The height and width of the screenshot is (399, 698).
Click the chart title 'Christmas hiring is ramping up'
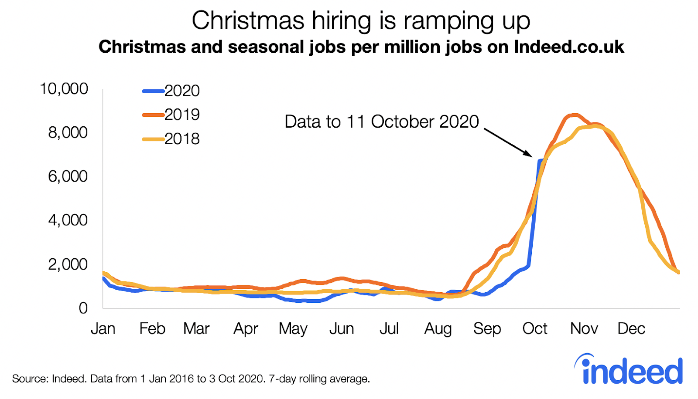[361, 20]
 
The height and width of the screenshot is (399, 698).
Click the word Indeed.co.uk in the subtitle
[569, 47]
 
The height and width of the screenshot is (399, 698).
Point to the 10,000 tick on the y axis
[64, 89]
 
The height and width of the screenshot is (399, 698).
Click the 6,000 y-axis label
[68, 176]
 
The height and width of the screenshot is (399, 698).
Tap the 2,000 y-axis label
[68, 264]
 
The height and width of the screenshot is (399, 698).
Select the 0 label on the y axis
[83, 308]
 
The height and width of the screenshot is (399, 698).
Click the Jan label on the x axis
[103, 328]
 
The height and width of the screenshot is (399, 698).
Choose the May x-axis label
[293, 329]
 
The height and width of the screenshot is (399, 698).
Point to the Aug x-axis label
[438, 329]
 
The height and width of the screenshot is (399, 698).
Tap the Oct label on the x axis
[535, 328]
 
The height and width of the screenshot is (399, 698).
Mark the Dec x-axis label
[631, 328]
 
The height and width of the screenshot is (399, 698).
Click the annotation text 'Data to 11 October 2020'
[382, 122]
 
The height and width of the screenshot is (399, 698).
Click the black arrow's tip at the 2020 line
[531, 156]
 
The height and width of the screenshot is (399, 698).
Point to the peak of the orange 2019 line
[575, 115]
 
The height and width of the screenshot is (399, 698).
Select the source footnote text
[191, 379]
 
